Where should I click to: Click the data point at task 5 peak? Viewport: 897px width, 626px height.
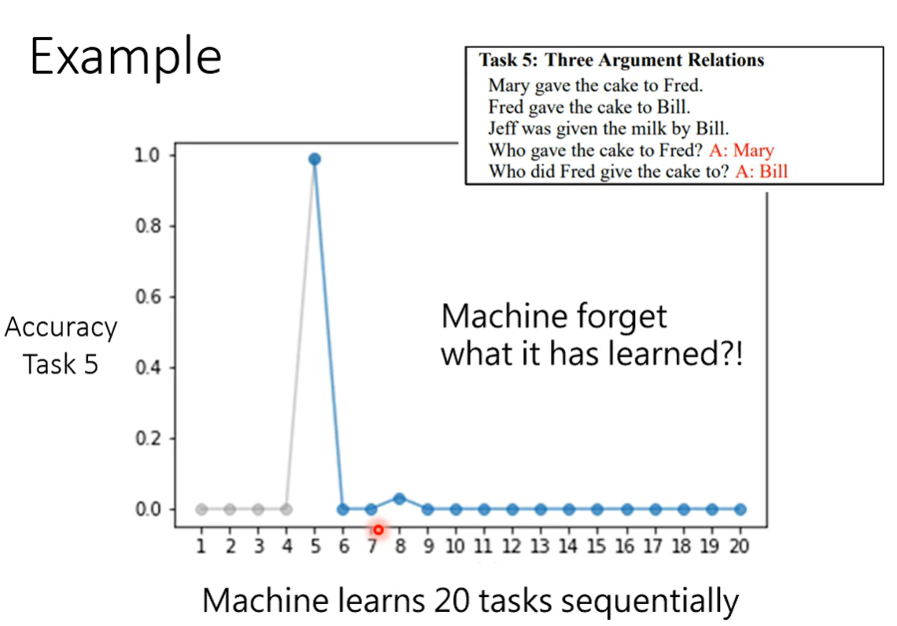pos(314,158)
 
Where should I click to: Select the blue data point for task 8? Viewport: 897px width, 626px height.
pos(399,499)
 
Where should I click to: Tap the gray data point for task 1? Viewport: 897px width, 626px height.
pos(201,509)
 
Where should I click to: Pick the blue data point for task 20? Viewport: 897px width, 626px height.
pos(740,509)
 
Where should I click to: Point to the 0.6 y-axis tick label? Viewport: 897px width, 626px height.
pos(148,297)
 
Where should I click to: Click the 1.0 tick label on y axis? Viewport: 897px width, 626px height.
pos(147,155)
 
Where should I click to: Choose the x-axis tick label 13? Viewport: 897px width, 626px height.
pos(540,546)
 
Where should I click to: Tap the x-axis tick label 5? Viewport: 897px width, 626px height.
pos(316,546)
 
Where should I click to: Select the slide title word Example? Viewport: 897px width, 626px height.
pos(126,57)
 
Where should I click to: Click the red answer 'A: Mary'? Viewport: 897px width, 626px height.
pos(741,150)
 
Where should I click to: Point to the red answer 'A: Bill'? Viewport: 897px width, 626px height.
pos(762,171)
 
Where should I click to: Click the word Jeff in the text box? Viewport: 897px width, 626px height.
pos(502,128)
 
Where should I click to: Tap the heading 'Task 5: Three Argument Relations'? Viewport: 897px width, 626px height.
pos(622,60)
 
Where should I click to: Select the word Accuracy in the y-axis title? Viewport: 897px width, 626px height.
pos(61,328)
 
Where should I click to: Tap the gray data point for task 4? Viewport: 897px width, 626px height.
pos(286,509)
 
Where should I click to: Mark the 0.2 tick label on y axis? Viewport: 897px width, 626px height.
pos(148,438)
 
